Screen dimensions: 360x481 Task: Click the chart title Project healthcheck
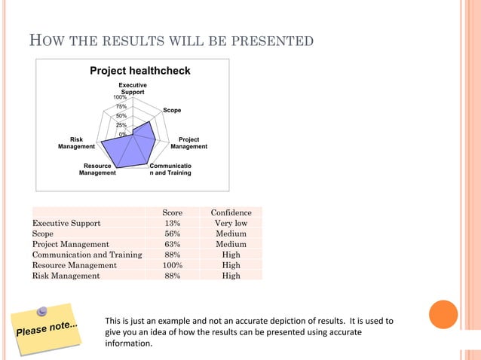click(140, 71)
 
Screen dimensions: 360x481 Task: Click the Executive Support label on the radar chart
click(133, 89)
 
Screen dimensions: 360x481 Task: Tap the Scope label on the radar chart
click(172, 111)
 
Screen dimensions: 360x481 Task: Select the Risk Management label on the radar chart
click(76, 143)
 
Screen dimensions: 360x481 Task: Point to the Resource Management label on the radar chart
click(97, 169)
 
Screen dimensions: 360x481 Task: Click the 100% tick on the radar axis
click(120, 97)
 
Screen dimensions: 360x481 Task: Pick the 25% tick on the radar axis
click(121, 125)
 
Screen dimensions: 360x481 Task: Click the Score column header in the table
click(173, 213)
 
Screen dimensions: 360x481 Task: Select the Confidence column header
click(231, 213)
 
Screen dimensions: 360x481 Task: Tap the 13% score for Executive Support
click(173, 224)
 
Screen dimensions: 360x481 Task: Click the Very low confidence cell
click(231, 224)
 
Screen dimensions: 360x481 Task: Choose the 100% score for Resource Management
click(173, 265)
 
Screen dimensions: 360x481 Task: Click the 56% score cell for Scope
click(173, 234)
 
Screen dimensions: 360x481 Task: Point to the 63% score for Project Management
click(173, 245)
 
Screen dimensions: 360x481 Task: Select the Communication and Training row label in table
click(87, 255)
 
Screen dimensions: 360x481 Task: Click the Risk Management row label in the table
click(66, 276)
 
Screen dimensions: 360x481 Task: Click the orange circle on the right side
click(443, 315)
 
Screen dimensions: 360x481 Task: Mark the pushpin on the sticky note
click(44, 310)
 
